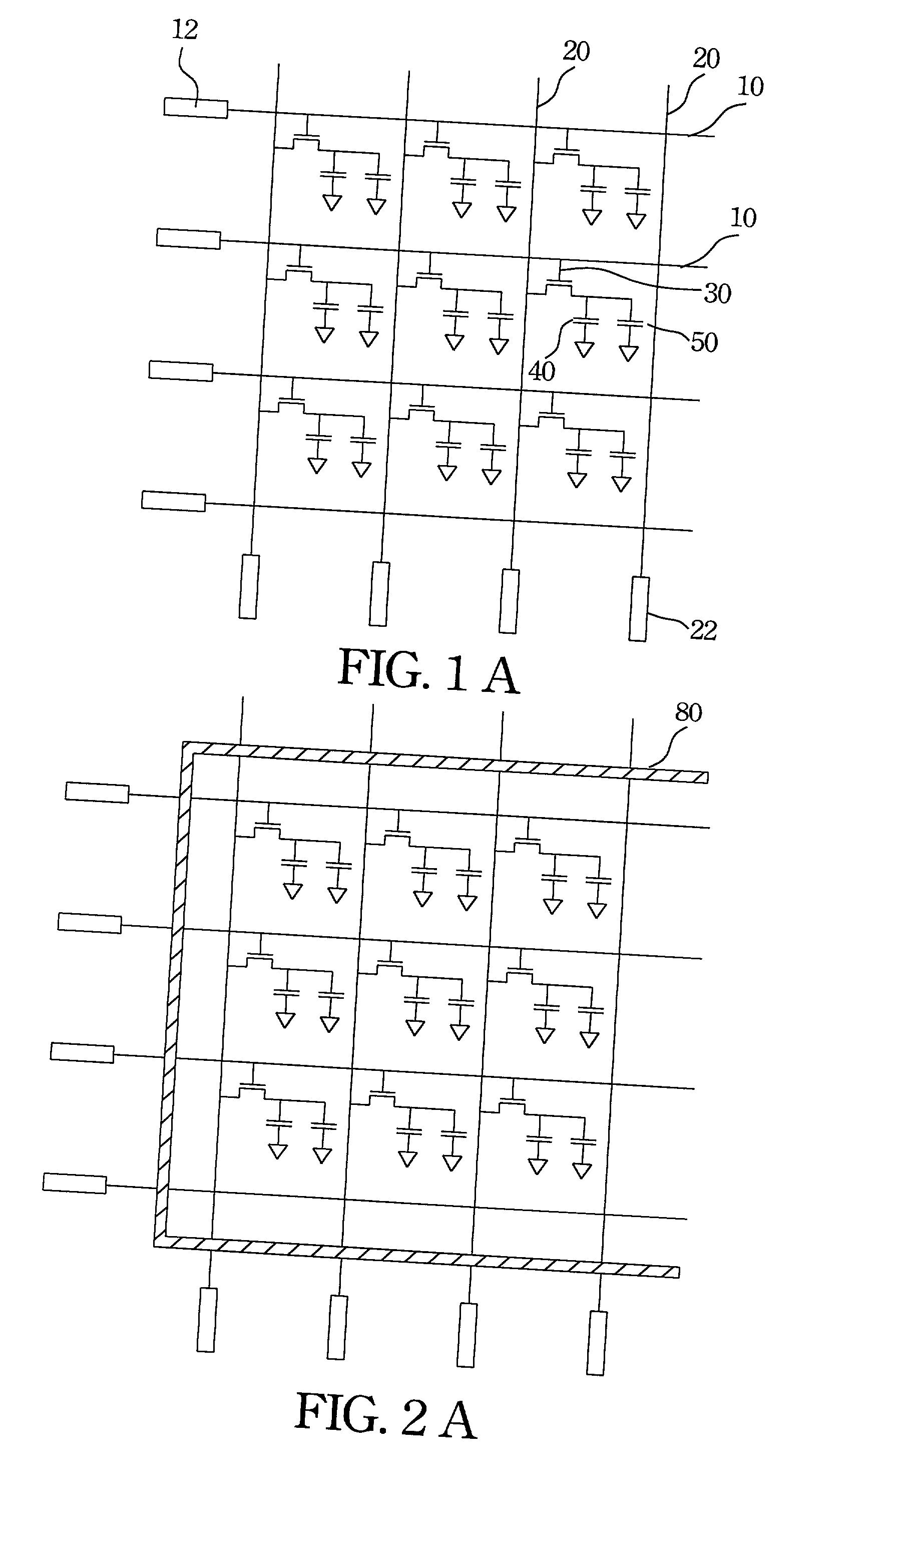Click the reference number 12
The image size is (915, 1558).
[x=184, y=30]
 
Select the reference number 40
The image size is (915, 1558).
[x=542, y=371]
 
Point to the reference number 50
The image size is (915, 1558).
[x=704, y=342]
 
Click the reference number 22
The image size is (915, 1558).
[x=703, y=631]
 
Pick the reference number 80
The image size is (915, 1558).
[x=688, y=713]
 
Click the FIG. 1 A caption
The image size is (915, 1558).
[x=428, y=672]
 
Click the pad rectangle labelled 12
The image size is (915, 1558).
[x=195, y=108]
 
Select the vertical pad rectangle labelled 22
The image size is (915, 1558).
[x=638, y=609]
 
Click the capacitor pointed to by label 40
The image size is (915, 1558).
[x=586, y=321]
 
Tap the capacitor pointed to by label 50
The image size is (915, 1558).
[x=631, y=324]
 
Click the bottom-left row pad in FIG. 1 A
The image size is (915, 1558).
[x=173, y=501]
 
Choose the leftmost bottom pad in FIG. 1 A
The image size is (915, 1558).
[x=249, y=586]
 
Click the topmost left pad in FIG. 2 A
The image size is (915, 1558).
[x=97, y=793]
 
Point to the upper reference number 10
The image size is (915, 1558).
[x=750, y=87]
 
